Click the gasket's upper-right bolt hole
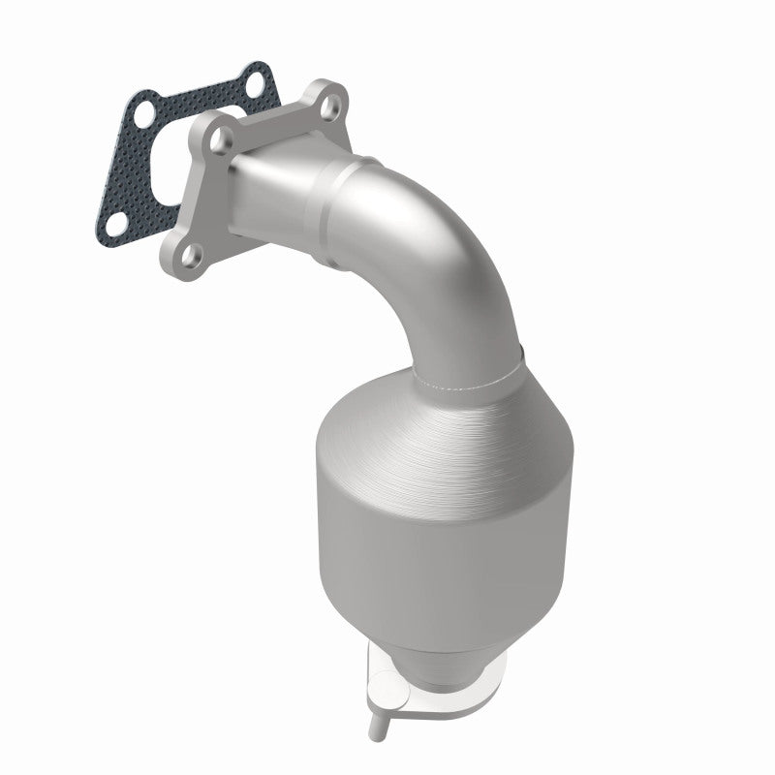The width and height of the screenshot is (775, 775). [x=255, y=81]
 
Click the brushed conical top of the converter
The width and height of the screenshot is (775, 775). [x=426, y=426]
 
